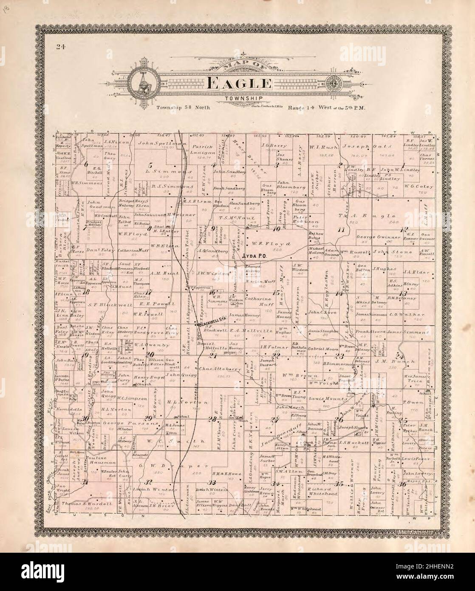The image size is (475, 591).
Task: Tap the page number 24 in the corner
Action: click(59, 47)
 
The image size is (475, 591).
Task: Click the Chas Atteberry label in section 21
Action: click(214, 369)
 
